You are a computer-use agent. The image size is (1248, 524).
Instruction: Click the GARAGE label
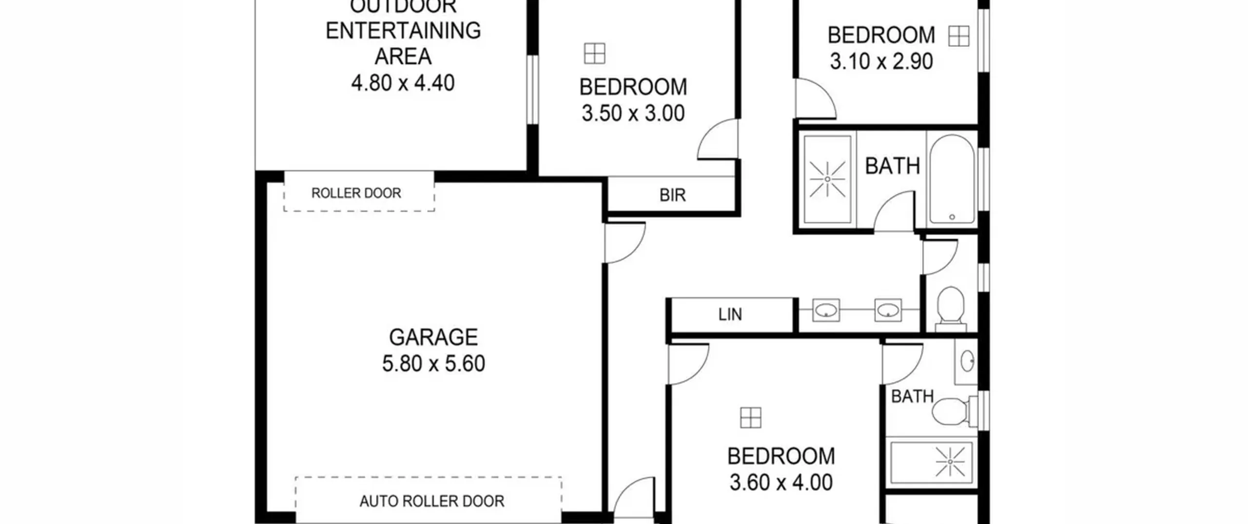pos(433,337)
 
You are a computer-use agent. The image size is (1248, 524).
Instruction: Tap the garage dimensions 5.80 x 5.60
pos(433,364)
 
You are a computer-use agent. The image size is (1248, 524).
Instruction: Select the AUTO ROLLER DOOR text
pos(432,501)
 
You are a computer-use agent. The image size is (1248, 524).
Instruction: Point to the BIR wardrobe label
pos(673,195)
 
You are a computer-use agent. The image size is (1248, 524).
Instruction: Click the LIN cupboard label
pos(730,314)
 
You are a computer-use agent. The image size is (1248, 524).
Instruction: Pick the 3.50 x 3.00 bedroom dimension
pos(633,114)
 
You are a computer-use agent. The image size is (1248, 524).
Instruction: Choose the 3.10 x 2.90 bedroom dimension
pos(881,61)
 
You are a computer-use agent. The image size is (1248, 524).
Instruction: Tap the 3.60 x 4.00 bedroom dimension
pos(781,483)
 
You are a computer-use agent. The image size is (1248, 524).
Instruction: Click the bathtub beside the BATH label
pos(952,180)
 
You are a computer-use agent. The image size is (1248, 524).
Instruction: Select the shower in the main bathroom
pos(827,179)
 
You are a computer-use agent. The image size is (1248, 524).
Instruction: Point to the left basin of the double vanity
pos(826,310)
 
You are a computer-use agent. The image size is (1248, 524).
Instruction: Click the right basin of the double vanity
pos(888,310)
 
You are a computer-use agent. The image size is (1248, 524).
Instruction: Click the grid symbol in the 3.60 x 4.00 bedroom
pos(750,418)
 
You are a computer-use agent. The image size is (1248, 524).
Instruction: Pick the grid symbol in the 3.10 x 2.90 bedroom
pos(958,36)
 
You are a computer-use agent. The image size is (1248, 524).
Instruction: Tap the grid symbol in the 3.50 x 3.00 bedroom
pos(594,53)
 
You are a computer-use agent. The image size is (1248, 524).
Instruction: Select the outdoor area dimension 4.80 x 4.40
pos(403,83)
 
